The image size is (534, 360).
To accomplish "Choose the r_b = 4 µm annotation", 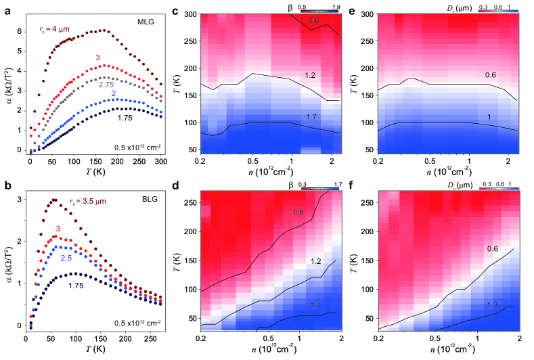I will click(53, 29).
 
